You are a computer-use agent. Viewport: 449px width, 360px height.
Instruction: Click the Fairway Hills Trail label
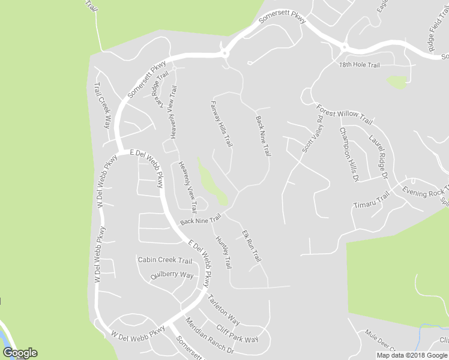[x=221, y=123]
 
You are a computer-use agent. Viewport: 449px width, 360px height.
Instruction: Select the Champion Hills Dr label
[x=349, y=155]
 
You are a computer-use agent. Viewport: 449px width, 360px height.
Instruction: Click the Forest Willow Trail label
[x=345, y=114]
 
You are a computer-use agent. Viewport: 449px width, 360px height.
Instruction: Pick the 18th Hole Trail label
[x=360, y=65]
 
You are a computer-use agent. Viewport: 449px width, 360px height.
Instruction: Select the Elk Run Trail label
[x=252, y=245]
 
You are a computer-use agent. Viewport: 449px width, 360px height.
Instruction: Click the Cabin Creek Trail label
[x=165, y=260]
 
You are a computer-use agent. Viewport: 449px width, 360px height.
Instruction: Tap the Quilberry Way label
[x=172, y=275]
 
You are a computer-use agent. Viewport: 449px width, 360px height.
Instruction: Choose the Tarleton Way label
[x=224, y=310]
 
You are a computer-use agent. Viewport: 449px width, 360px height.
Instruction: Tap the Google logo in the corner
[x=20, y=353]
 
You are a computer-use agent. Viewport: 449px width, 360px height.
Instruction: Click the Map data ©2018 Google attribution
[x=412, y=355]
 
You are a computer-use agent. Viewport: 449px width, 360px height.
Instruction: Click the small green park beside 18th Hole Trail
[x=397, y=82]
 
